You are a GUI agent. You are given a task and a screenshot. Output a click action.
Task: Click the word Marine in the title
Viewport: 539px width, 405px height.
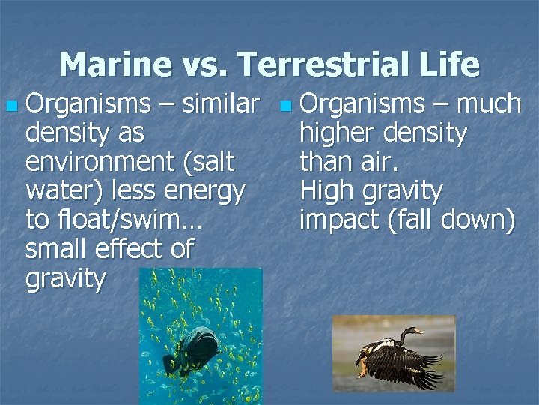click(x=113, y=64)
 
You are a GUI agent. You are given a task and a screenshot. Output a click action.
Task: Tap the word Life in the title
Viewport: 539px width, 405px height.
click(x=447, y=64)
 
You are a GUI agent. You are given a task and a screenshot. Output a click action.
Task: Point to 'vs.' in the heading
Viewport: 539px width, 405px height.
click(x=204, y=66)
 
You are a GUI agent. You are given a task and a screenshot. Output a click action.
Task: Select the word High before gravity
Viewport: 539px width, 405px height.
click(x=328, y=192)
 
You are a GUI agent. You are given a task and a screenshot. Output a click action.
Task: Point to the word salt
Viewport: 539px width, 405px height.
click(x=212, y=162)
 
